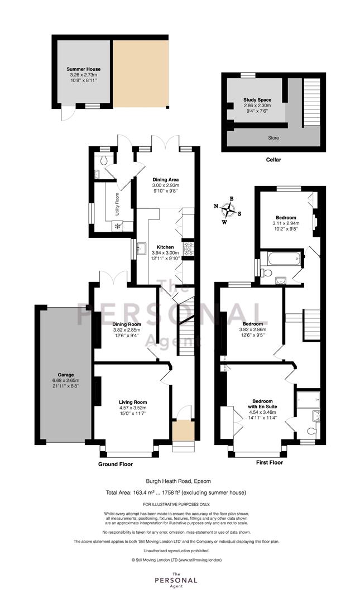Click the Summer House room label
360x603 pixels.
[x=84, y=69]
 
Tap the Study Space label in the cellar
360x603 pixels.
[x=257, y=100]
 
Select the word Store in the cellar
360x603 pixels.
[x=273, y=138]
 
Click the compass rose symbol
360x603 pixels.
[x=228, y=210]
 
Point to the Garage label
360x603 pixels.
[x=66, y=375]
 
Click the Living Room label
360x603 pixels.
[x=133, y=402]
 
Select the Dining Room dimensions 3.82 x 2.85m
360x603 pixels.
[x=127, y=330]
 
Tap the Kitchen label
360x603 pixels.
[x=165, y=247]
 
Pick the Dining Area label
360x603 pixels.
[x=165, y=180]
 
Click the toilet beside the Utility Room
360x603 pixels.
[x=103, y=161]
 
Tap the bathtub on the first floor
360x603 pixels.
[x=284, y=258]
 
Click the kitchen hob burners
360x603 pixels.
[x=188, y=249]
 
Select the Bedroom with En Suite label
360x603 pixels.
[x=263, y=404]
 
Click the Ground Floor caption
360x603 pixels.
[x=116, y=464]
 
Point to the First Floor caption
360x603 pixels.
[x=269, y=462]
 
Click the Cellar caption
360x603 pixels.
[x=273, y=160]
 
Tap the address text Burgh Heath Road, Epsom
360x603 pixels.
[x=178, y=481]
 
